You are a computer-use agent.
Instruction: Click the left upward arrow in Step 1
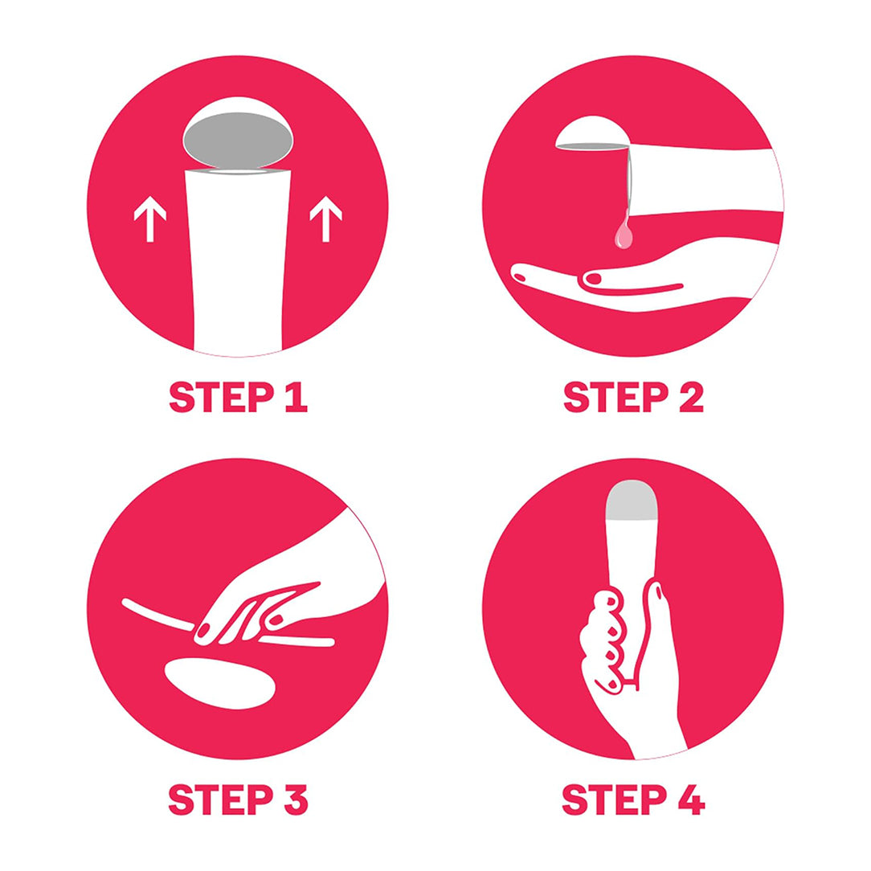point(150,219)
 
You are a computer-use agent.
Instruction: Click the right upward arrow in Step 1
point(325,219)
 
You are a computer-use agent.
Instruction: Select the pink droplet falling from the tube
point(624,234)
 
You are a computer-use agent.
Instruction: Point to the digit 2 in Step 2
point(691,397)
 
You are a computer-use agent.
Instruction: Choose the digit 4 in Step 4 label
point(691,799)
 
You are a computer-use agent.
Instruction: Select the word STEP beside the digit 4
point(615,799)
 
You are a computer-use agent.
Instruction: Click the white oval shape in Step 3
point(220,683)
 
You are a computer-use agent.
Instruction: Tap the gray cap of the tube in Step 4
point(632,500)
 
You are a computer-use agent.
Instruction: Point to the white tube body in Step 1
point(238,261)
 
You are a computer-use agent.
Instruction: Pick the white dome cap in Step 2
point(592,132)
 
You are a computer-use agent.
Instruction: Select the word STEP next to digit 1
point(222,397)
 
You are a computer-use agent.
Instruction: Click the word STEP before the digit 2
point(616,397)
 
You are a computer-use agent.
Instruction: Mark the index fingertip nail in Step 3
point(203,631)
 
